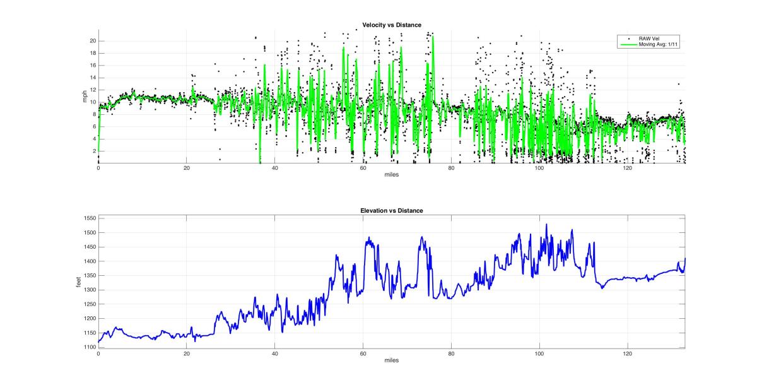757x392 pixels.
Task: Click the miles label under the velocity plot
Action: pyautogui.click(x=391, y=175)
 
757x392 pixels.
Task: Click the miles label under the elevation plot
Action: pyautogui.click(x=391, y=360)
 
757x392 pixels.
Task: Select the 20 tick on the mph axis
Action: pyautogui.click(x=92, y=40)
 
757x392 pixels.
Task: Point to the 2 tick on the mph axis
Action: pyautogui.click(x=94, y=151)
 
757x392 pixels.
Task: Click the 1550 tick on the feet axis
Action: pyautogui.click(x=88, y=218)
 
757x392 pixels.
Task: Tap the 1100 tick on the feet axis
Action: pyautogui.click(x=88, y=347)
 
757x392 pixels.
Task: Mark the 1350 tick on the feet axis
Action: pyautogui.click(x=88, y=276)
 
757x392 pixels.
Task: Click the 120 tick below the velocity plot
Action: pyautogui.click(x=628, y=169)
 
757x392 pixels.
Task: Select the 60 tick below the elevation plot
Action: pyautogui.click(x=363, y=354)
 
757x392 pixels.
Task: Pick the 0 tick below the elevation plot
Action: pyautogui.click(x=98, y=354)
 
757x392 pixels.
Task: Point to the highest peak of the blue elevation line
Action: pyautogui.click(x=546, y=224)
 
